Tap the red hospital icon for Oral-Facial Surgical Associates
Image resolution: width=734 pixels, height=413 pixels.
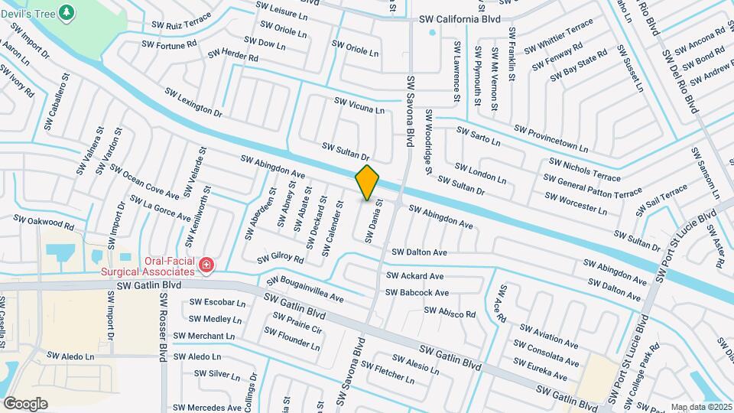(x=206, y=265)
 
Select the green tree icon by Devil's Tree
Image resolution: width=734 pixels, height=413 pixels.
(x=67, y=12)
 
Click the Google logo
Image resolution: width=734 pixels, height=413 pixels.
(x=25, y=404)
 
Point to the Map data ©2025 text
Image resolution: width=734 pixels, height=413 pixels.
(x=701, y=407)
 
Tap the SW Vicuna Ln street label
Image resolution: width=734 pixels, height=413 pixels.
(x=359, y=106)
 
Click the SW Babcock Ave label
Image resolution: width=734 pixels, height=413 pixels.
(x=417, y=292)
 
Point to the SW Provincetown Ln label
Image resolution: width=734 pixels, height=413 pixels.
(x=551, y=138)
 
